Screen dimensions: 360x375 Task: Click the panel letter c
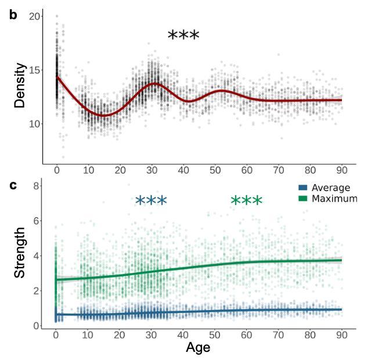13,186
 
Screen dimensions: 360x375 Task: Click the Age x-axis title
198,348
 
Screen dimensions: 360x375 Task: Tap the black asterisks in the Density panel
183,36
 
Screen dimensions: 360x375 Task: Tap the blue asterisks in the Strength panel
151,201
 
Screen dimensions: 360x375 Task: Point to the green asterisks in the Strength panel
247,201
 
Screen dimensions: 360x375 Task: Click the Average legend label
331,188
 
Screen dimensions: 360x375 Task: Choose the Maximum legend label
334,199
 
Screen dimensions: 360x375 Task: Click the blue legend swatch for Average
302,188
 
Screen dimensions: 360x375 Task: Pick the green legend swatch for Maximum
302,199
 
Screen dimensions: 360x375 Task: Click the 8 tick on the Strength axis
36,186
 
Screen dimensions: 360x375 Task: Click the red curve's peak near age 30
154,84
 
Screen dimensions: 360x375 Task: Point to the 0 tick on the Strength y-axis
36,326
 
